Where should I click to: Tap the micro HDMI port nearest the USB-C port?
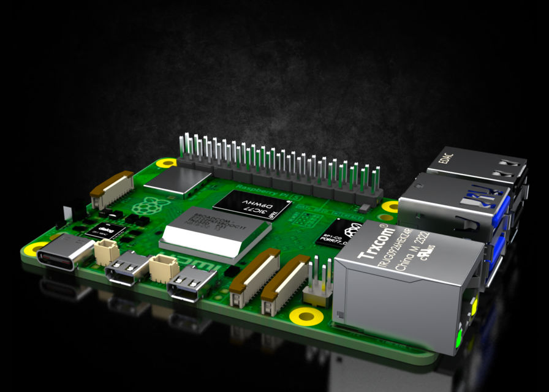point(127,267)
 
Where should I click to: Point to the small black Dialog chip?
point(105,231)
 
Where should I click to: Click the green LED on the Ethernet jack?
point(458,336)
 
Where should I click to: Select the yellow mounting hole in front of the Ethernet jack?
point(306,316)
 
